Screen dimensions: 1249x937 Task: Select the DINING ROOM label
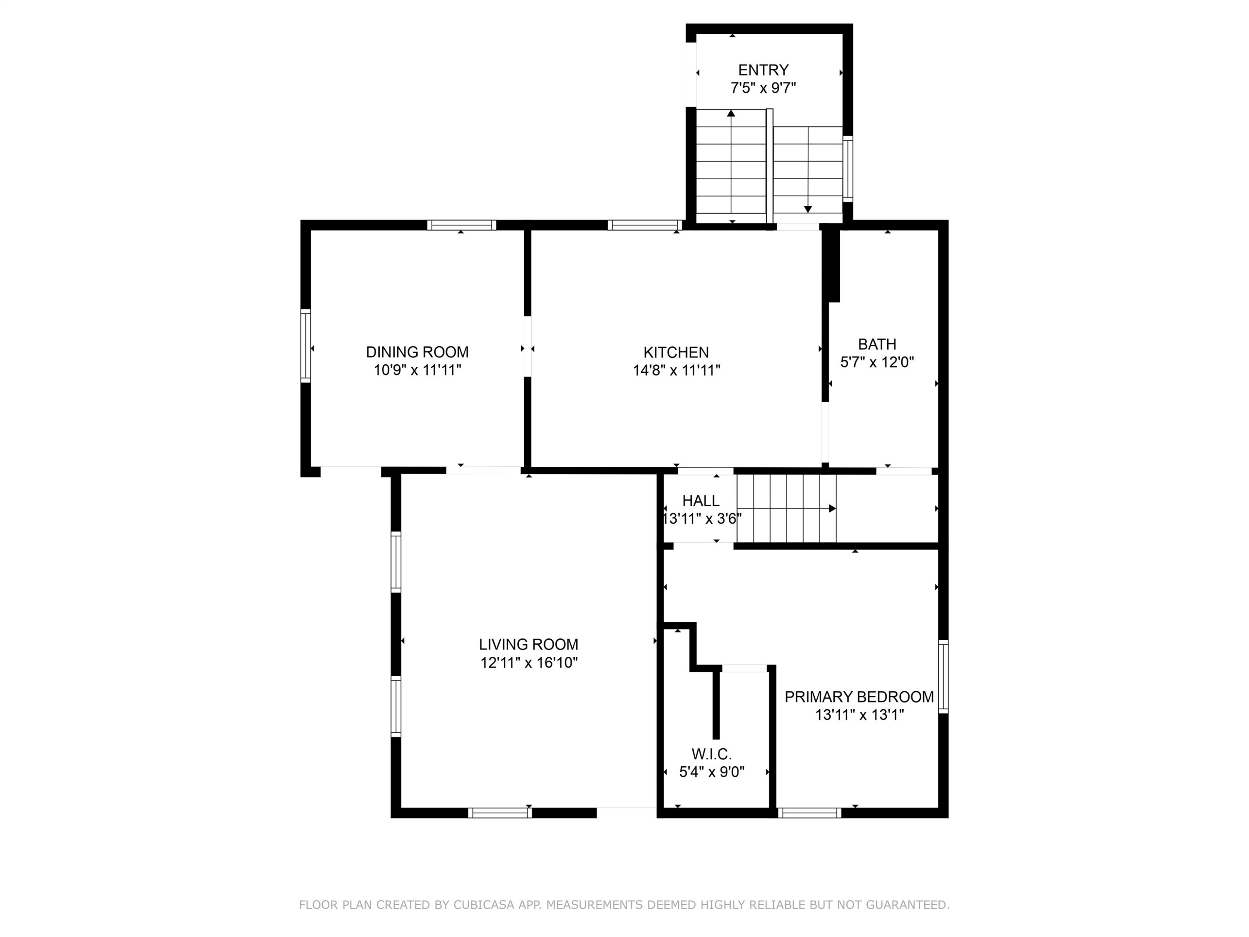coord(417,352)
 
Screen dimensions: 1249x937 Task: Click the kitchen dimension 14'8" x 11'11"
coord(677,370)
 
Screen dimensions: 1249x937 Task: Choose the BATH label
coord(877,344)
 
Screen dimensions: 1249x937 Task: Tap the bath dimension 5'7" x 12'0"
coord(877,362)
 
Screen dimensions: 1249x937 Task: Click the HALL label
coord(701,501)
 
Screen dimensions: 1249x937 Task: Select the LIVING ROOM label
coord(528,644)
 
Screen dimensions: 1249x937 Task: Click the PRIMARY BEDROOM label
coord(859,697)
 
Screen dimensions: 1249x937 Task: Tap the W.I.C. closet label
coord(712,754)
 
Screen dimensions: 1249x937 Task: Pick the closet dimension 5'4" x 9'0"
coord(712,772)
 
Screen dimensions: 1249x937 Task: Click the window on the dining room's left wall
coord(306,346)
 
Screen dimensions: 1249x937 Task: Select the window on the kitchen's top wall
coord(645,225)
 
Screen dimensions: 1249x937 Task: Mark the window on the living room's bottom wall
coord(500,813)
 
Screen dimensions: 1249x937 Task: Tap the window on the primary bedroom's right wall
coord(943,676)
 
